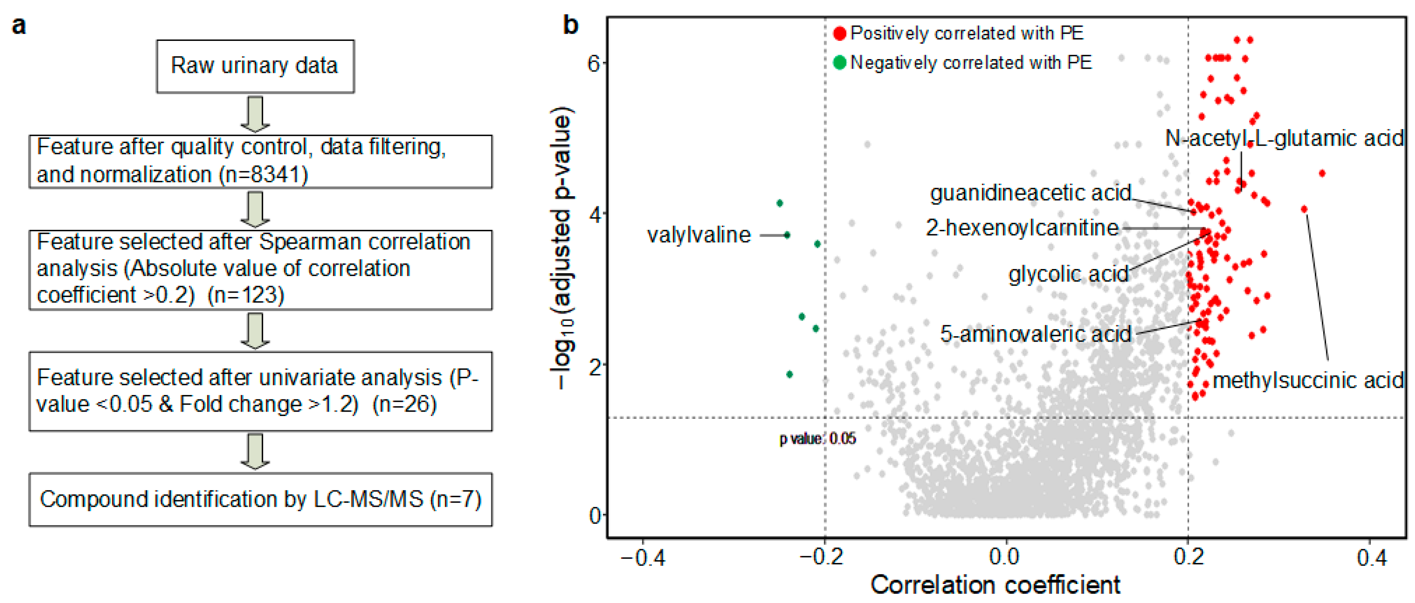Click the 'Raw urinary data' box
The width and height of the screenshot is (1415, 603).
tap(255, 66)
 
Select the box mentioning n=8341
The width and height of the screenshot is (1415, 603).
tap(260, 161)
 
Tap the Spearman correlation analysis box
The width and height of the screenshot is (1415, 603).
tap(260, 269)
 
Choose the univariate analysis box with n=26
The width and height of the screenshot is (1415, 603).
tap(260, 391)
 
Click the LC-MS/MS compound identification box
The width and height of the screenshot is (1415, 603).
tap(260, 499)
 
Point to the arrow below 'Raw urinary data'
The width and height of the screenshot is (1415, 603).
tap(255, 114)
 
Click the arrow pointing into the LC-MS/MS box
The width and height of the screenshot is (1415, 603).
tap(255, 451)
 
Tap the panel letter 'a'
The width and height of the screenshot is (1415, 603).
tap(19, 26)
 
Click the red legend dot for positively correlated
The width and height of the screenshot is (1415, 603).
tap(839, 34)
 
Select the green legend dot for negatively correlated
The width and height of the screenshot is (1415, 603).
tap(839, 63)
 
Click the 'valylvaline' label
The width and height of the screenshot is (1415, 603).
tap(698, 235)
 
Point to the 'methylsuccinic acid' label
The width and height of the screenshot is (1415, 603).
tap(1308, 380)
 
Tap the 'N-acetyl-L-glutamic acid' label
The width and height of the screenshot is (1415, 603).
tap(1284, 138)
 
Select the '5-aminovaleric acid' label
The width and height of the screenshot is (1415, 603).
tap(1035, 334)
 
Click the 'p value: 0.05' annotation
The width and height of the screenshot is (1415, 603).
tap(817, 438)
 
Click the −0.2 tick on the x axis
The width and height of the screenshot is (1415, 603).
tap(822, 557)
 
